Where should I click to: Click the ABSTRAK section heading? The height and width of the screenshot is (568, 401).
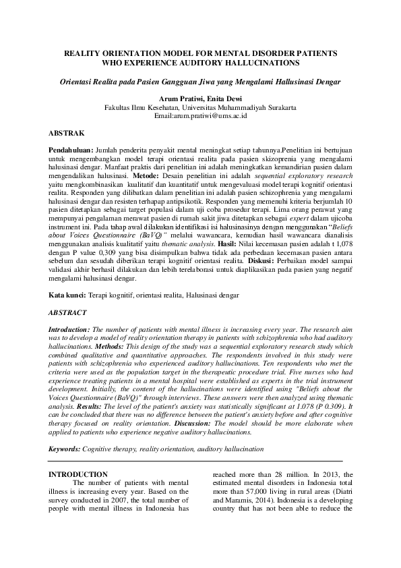pyautogui.click(x=66, y=134)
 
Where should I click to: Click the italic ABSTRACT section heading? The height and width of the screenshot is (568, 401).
pyautogui.click(x=67, y=314)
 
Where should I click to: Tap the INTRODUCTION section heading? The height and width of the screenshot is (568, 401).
pyautogui.click(x=79, y=475)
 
